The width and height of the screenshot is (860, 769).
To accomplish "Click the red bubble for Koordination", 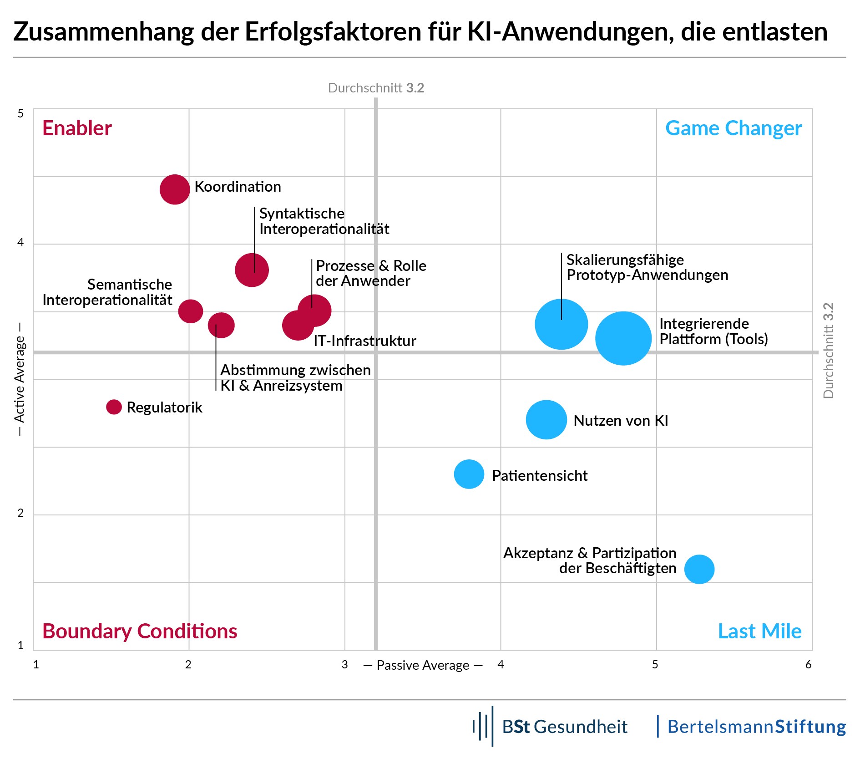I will tap(175, 189).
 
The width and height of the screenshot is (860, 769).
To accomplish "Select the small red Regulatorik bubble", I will tap(114, 407).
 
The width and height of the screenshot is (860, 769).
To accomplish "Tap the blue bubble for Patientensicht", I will tap(469, 474).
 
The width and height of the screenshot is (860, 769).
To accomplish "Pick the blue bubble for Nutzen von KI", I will tap(546, 420).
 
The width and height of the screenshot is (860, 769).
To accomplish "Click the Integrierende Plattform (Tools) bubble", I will tap(623, 338).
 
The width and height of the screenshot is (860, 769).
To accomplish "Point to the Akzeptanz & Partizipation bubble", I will tap(699, 569).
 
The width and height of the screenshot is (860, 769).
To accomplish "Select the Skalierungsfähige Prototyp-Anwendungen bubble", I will tap(561, 324).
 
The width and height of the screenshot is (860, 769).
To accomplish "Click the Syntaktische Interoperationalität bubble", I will tap(252, 270).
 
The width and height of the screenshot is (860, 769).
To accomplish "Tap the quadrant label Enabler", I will tap(77, 128).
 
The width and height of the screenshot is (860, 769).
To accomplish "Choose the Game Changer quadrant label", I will tap(733, 128).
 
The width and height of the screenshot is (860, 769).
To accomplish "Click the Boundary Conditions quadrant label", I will tap(140, 631).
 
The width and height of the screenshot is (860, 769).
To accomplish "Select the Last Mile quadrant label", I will tap(759, 631).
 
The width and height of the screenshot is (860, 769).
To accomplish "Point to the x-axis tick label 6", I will tap(808, 665).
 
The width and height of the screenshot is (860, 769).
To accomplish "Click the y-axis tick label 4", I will tap(20, 243).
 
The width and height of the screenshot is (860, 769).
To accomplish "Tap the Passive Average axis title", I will tap(423, 666).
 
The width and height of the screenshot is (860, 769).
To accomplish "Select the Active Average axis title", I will tap(19, 379).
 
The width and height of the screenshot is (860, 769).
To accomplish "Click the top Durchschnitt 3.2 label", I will tap(376, 88).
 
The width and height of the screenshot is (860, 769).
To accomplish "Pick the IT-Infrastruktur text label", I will tap(364, 341).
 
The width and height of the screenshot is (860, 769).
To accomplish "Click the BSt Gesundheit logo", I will tap(551, 727).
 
